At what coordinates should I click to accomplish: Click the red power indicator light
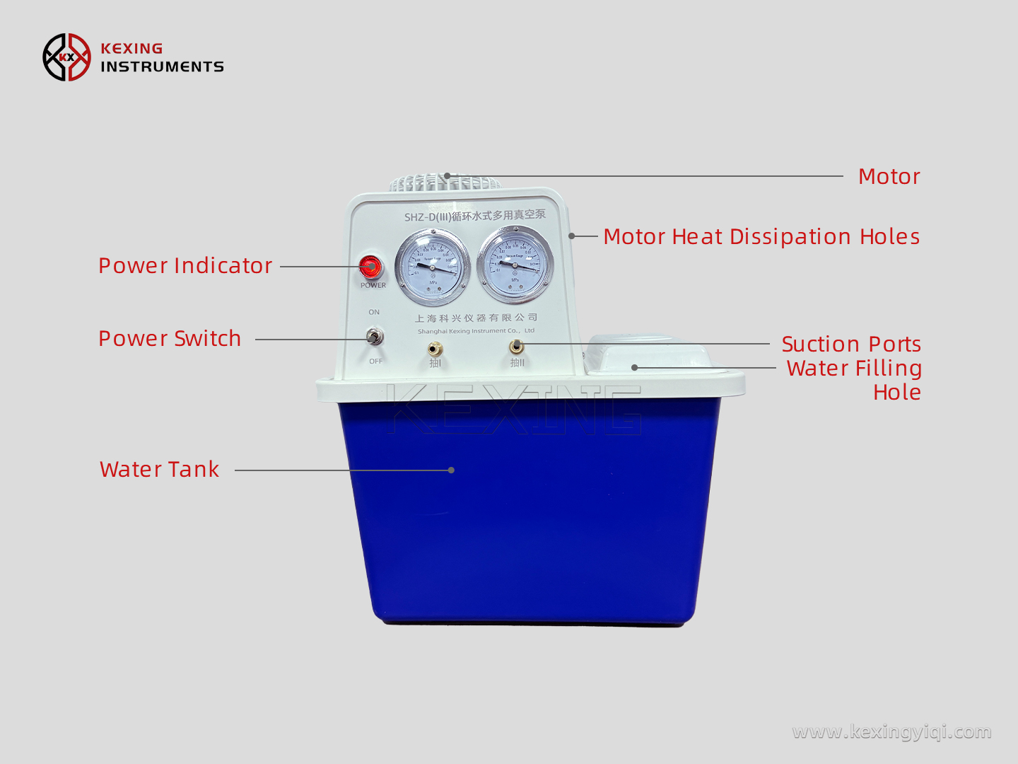(x=370, y=267)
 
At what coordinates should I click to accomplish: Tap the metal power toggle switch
(x=375, y=337)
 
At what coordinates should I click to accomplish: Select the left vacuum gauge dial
(x=432, y=267)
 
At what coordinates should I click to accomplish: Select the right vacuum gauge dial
(x=515, y=265)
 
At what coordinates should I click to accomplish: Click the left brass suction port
(x=435, y=349)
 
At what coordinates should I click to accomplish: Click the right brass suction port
(x=517, y=347)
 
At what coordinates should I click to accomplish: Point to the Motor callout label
(x=889, y=177)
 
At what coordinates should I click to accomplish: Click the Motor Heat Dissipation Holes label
(x=761, y=237)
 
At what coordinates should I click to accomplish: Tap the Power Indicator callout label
(x=185, y=266)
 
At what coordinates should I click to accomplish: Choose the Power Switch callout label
(x=170, y=339)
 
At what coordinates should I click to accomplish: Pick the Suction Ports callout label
(x=851, y=345)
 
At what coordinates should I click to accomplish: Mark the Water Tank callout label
(x=160, y=470)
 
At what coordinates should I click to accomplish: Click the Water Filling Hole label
(x=854, y=380)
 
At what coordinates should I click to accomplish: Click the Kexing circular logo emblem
(x=66, y=57)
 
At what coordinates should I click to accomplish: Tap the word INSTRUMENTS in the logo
(x=162, y=67)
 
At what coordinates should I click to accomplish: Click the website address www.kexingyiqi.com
(x=891, y=731)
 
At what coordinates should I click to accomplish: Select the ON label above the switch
(x=374, y=312)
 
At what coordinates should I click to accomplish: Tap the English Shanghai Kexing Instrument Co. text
(x=476, y=331)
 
